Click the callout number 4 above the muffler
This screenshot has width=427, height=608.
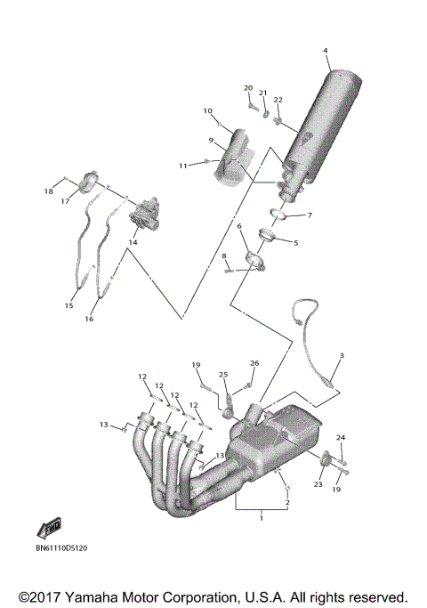pyautogui.click(x=326, y=50)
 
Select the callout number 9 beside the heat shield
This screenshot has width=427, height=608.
pyautogui.click(x=211, y=140)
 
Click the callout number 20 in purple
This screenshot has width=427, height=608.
pyautogui.click(x=248, y=87)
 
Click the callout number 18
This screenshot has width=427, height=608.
pyautogui.click(x=50, y=191)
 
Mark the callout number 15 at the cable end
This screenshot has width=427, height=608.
pyautogui.click(x=68, y=305)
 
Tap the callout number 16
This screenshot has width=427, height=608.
pyautogui.click(x=90, y=318)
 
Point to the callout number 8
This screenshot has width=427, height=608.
pyautogui.click(x=224, y=256)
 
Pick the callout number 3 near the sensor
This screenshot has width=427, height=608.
pyautogui.click(x=340, y=356)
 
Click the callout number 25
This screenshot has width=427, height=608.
pyautogui.click(x=224, y=374)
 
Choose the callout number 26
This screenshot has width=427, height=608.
pyautogui.click(x=254, y=363)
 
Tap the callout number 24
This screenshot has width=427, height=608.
pyautogui.click(x=340, y=437)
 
